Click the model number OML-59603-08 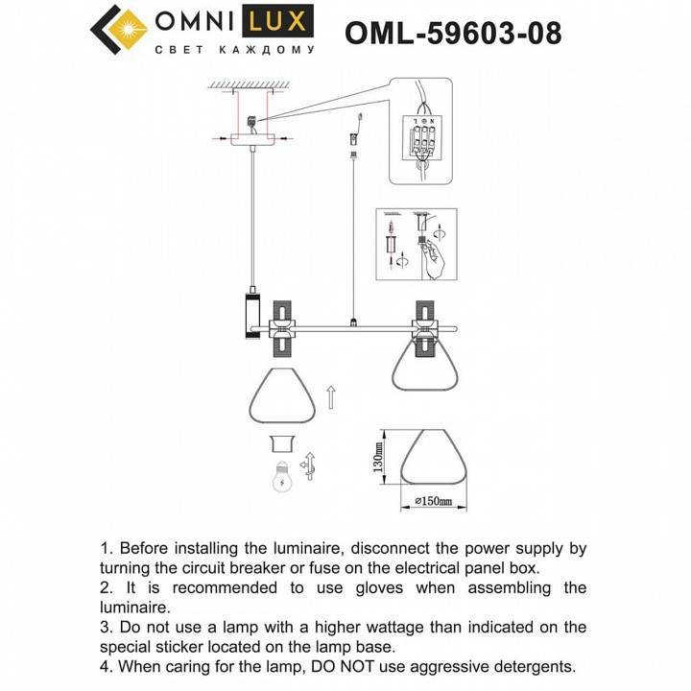point(453,33)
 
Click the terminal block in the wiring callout point(421,139)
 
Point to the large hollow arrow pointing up point(331,395)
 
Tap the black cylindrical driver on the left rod point(251,315)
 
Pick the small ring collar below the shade point(281,442)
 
